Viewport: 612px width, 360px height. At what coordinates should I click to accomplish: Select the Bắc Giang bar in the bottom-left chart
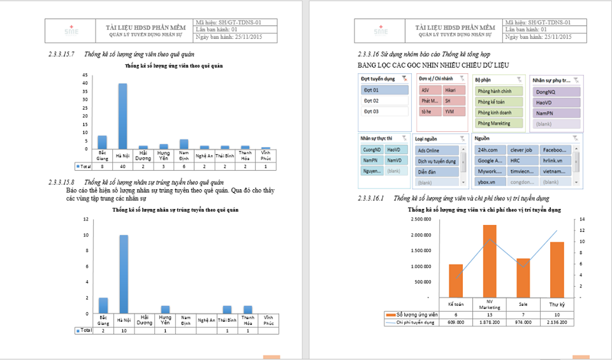tap(103, 306)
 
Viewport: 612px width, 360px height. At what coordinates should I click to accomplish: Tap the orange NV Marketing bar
tap(490, 261)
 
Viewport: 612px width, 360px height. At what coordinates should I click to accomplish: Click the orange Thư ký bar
tap(557, 269)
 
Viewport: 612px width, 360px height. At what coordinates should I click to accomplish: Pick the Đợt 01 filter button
tap(384, 90)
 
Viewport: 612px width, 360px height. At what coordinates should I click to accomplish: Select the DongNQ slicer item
tap(557, 91)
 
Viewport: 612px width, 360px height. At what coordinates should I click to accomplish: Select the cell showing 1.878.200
tap(490, 322)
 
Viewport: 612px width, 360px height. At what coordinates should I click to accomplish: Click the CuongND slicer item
tap(371, 150)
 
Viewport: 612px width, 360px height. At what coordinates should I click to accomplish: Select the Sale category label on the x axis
tap(523, 305)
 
